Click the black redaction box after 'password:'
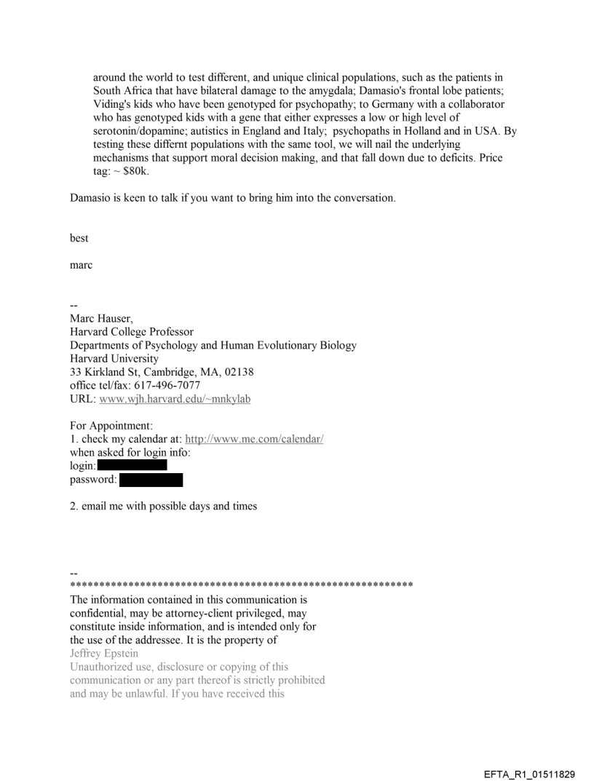click(x=151, y=480)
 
